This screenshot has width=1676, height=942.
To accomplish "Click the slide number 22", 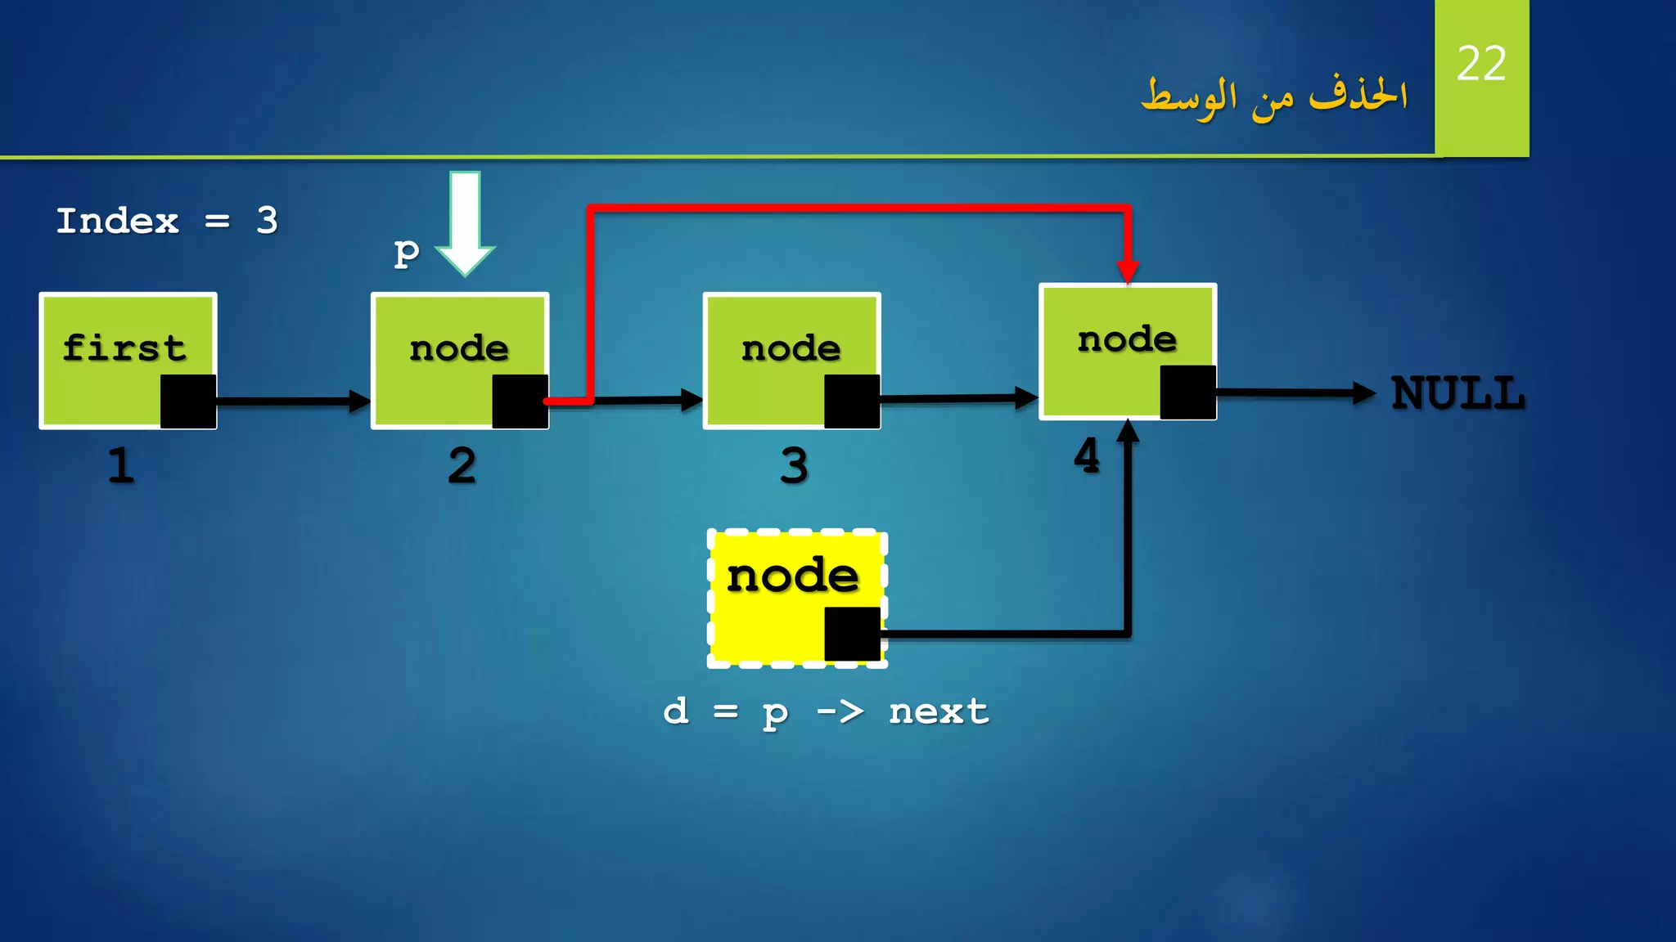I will pos(1481,64).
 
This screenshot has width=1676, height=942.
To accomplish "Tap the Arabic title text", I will pos(1274,97).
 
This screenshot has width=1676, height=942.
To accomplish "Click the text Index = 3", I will pos(167,221).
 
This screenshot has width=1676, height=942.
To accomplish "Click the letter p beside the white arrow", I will pos(407,253).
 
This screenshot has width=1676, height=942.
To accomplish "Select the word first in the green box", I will pos(124,348).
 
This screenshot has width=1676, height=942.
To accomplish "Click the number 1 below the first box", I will pos(121,466).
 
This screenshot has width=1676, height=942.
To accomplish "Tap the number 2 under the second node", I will pos(462,466).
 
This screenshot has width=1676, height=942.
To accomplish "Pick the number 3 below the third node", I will pos(794,466).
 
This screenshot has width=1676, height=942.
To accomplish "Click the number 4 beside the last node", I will pos(1087,456).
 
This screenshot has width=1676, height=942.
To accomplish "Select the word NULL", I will pos(1458,394).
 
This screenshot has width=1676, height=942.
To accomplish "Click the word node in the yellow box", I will pos(793,576).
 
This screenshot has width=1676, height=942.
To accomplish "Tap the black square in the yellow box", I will pos(852,634).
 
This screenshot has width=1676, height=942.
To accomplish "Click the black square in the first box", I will pos(188,401).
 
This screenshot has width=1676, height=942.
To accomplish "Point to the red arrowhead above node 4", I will pos(1128,271).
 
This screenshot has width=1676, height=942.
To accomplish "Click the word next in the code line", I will pos(939,711).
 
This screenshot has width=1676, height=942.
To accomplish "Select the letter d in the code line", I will pos(676,711).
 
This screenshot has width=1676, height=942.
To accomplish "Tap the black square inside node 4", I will pos(1188,392).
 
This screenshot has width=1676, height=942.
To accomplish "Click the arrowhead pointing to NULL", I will pos(1364,393).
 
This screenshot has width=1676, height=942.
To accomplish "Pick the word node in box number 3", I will pos(791,349).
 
